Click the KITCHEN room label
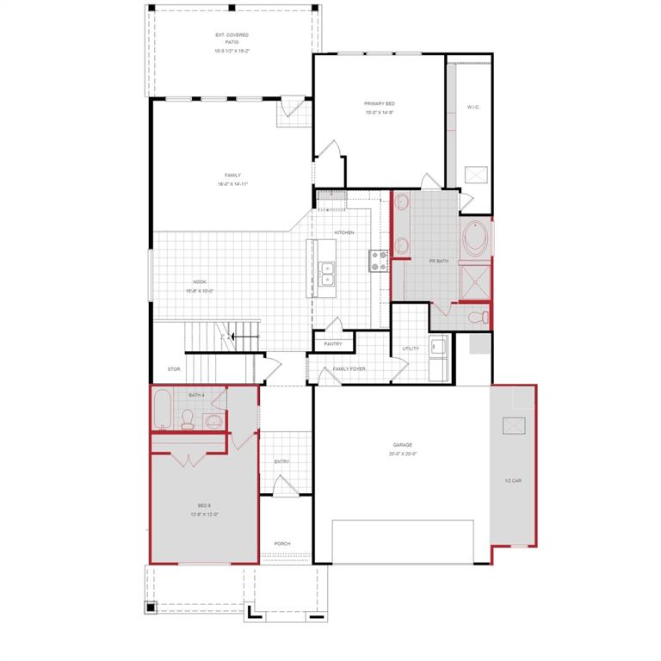(x=343, y=232)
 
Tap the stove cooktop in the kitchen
(x=379, y=260)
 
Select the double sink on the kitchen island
(x=327, y=275)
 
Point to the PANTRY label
(x=333, y=344)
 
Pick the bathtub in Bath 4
(x=163, y=410)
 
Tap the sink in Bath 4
(x=213, y=421)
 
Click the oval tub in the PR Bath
(x=476, y=240)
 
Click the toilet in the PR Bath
(x=484, y=317)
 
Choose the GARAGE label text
(x=402, y=445)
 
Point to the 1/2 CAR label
(x=513, y=480)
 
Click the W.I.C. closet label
(x=473, y=108)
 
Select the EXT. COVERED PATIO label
(x=232, y=43)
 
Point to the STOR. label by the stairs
(x=174, y=369)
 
